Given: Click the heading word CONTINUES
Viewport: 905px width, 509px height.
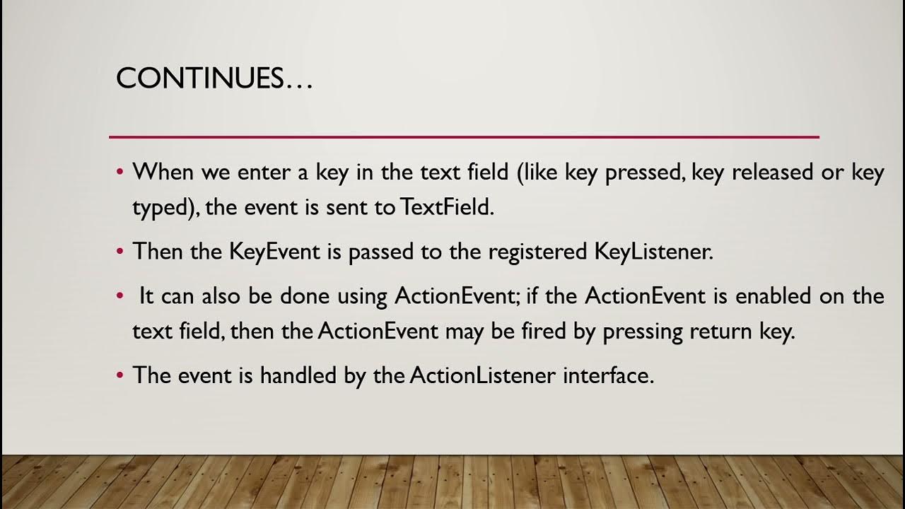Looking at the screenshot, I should tap(200, 78).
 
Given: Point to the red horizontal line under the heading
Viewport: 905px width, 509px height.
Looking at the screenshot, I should tap(464, 136).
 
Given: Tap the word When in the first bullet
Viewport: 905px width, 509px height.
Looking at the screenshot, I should tap(164, 172).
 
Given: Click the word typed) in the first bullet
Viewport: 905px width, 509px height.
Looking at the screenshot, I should tap(160, 209).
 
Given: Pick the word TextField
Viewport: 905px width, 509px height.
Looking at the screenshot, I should tap(446, 207).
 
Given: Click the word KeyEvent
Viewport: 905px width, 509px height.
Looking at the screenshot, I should tap(274, 251).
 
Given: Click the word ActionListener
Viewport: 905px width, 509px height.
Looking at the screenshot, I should tap(482, 375).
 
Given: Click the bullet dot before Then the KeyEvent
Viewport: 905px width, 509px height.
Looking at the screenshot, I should tap(120, 251).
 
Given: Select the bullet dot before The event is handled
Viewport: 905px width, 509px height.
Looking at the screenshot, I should tap(120, 375).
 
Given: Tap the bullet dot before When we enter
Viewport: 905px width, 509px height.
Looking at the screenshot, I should tap(120, 172).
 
